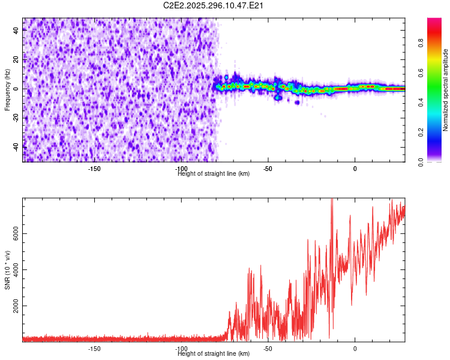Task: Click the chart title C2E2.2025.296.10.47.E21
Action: pyautogui.click(x=214, y=5)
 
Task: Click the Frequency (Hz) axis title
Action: pyautogui.click(x=7, y=89)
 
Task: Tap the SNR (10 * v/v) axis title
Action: pyautogui.click(x=8, y=269)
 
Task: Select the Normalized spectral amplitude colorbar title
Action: pyautogui.click(x=445, y=90)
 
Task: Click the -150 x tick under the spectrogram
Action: pyautogui.click(x=94, y=168)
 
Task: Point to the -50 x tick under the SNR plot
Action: pyautogui.click(x=268, y=348)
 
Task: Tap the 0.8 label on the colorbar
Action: pyautogui.click(x=421, y=43)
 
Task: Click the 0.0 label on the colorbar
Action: pyautogui.click(x=421, y=161)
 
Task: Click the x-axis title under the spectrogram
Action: pyautogui.click(x=214, y=174)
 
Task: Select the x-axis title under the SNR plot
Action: pyautogui.click(x=214, y=354)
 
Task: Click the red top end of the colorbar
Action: pyautogui.click(x=434, y=21)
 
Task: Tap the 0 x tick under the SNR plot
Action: pyautogui.click(x=355, y=348)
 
